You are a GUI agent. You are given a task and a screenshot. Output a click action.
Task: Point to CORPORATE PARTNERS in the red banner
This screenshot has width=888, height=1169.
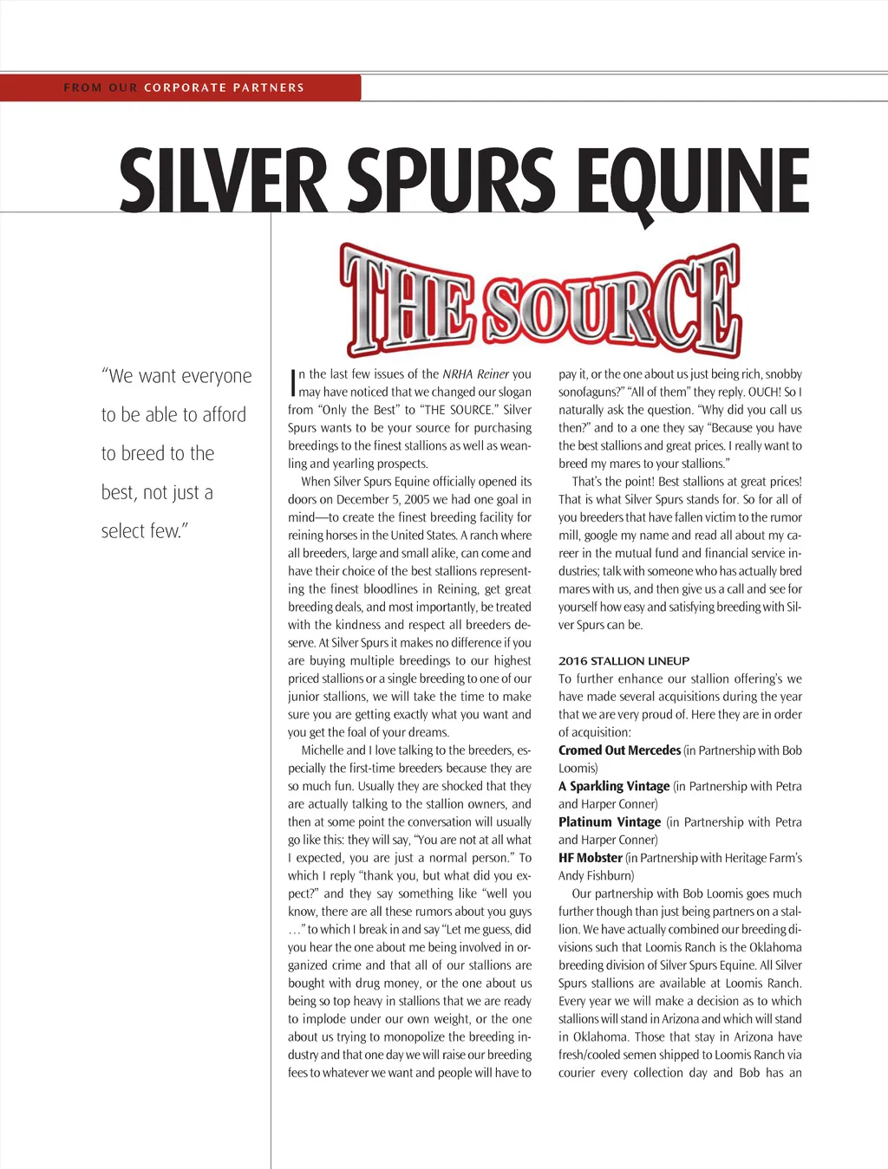tap(224, 88)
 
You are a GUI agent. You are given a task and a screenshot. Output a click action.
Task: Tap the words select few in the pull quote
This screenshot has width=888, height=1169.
tap(144, 531)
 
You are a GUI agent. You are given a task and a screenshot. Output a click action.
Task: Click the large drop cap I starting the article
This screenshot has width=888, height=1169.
tap(292, 383)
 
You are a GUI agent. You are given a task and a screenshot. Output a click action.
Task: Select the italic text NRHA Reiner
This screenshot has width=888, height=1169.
tap(475, 374)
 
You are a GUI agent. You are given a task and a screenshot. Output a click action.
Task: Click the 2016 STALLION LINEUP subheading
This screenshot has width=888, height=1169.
tap(624, 660)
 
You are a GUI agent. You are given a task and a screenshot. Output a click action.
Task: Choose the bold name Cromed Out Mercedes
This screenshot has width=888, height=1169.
tap(619, 750)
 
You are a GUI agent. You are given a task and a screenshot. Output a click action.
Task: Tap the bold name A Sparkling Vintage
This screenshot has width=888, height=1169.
tap(614, 786)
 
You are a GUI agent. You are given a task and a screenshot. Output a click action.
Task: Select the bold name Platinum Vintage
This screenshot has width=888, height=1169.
tap(610, 822)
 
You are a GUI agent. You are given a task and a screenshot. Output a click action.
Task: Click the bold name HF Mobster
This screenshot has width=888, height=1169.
tap(590, 858)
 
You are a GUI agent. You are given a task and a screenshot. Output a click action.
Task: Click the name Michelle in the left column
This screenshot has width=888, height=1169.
tap(322, 750)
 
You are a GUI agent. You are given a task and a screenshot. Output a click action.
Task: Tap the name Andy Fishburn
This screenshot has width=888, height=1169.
tap(596, 875)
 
